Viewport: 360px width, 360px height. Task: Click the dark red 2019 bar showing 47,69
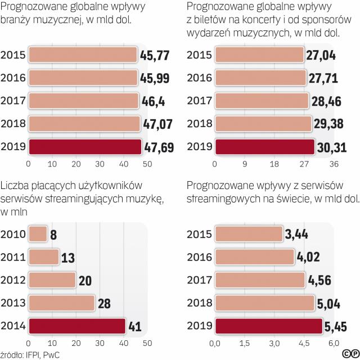point(84,147)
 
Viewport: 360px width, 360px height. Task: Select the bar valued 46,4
point(83,101)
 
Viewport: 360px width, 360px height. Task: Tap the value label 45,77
point(156,55)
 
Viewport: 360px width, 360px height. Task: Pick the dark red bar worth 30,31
point(264,147)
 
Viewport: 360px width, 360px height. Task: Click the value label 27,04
point(322,55)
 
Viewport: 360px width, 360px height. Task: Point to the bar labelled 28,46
point(262,101)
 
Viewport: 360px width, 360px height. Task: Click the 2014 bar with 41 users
point(76,326)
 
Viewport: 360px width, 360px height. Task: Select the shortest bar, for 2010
point(38,234)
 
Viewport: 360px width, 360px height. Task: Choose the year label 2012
point(13,280)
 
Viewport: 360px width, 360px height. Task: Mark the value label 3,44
point(299,234)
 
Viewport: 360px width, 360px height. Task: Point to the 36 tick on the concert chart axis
point(333,164)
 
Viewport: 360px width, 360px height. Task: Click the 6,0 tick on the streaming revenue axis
point(333,343)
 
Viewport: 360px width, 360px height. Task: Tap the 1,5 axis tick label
point(244,343)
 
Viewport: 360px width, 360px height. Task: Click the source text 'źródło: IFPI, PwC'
point(31,354)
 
